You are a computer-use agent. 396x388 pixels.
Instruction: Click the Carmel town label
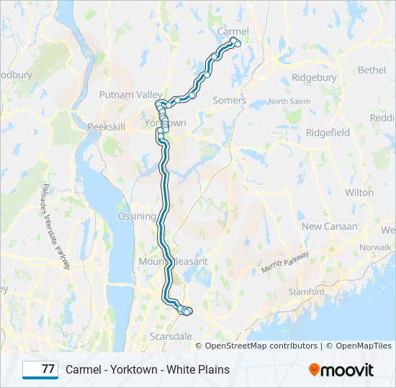(x=233, y=32)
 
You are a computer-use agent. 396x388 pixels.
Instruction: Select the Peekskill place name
(x=107, y=126)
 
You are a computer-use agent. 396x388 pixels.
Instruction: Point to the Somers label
(x=229, y=101)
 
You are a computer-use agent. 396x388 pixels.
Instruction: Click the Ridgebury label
(x=314, y=78)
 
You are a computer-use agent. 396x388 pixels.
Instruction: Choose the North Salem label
(x=289, y=102)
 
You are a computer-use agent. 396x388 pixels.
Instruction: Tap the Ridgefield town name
(x=328, y=133)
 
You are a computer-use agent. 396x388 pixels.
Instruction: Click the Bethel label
(x=372, y=70)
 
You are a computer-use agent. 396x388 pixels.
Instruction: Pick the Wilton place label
(x=359, y=193)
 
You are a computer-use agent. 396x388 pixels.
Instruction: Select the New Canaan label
(x=329, y=226)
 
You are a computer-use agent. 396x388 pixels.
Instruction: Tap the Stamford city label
(x=307, y=292)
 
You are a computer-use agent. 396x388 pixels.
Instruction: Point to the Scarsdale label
(x=171, y=336)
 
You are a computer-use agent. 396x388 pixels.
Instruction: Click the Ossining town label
(x=137, y=216)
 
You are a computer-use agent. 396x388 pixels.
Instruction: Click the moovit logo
(x=341, y=369)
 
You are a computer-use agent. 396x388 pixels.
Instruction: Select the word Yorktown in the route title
(x=130, y=369)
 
